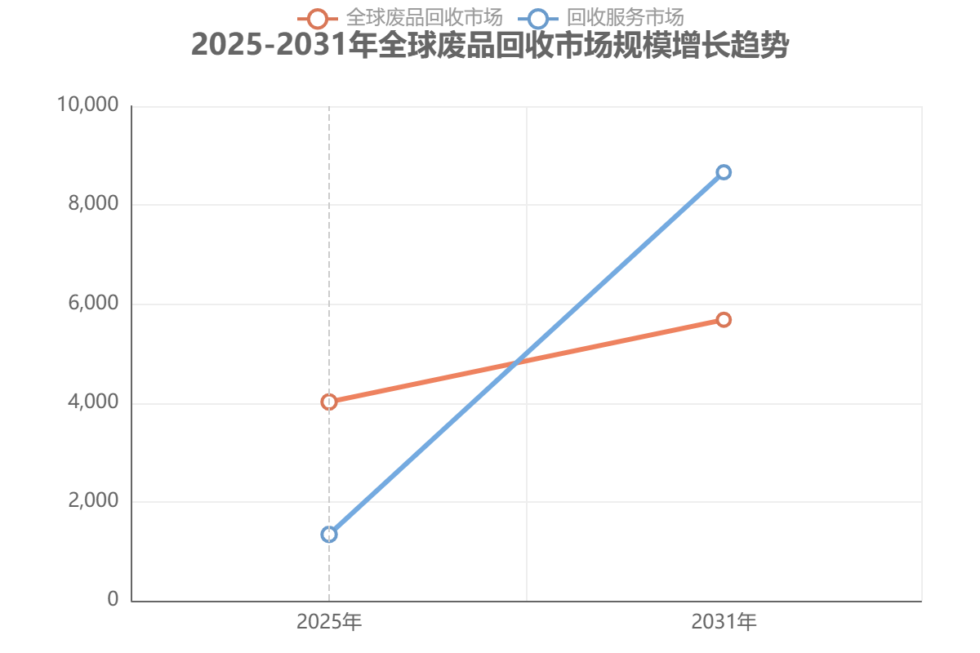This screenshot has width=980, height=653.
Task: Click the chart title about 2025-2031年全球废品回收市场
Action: coord(490,46)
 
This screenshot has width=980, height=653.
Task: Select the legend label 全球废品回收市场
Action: coord(424,17)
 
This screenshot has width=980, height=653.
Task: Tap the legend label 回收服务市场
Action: coord(625,17)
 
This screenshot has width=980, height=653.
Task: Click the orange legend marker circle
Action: coord(318,18)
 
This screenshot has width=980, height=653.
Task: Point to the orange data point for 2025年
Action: coord(329,402)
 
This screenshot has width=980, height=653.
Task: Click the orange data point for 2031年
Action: coord(724,319)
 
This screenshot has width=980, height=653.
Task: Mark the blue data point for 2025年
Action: coord(329,535)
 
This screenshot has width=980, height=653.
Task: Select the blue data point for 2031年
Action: coord(724,172)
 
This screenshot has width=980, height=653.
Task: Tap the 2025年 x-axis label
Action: coord(329,623)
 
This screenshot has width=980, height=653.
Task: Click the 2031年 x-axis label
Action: coord(724,623)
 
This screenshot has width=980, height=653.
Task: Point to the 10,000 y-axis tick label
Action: coord(88,105)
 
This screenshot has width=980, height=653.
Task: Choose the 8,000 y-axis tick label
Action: coord(93,204)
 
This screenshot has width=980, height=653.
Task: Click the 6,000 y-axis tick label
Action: coord(93,304)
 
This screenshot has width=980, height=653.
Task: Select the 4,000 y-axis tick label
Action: coord(93,402)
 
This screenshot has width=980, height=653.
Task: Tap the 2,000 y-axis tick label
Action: coord(93,501)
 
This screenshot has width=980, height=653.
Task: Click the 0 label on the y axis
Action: coord(113,600)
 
